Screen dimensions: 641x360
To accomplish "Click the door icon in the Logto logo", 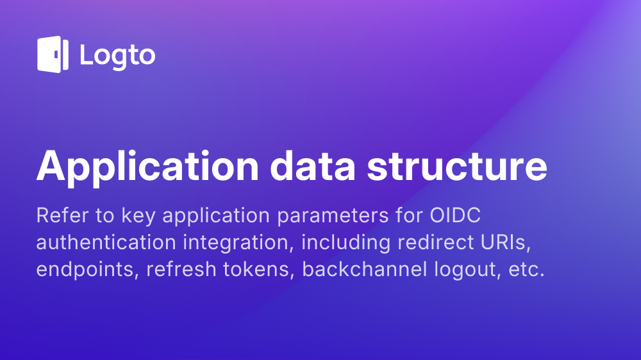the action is point(53,54).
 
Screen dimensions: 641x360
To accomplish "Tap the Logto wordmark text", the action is point(118,56).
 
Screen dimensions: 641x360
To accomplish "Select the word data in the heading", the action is point(313,166).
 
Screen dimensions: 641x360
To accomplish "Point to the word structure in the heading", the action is point(457,167).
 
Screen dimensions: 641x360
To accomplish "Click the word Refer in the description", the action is point(62,215).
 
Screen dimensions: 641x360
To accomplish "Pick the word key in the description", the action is point(138,217).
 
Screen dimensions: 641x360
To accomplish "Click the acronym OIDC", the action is point(455,215).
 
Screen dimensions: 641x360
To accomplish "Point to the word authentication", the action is point(106,242).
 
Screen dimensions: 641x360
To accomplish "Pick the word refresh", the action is point(181,269).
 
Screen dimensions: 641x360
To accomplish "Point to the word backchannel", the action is point(365,269).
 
